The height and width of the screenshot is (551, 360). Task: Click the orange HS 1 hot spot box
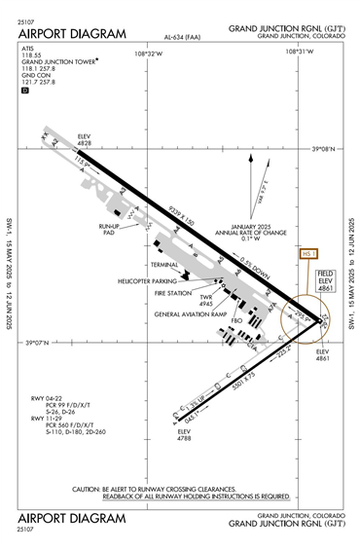pyautogui.click(x=309, y=254)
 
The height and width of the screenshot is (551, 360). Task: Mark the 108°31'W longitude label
pyautogui.click(x=310, y=53)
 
